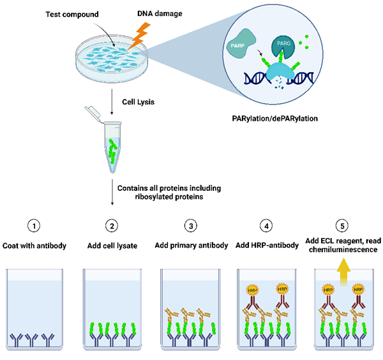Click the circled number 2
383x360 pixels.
[112, 225]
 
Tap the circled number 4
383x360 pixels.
[267, 225]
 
